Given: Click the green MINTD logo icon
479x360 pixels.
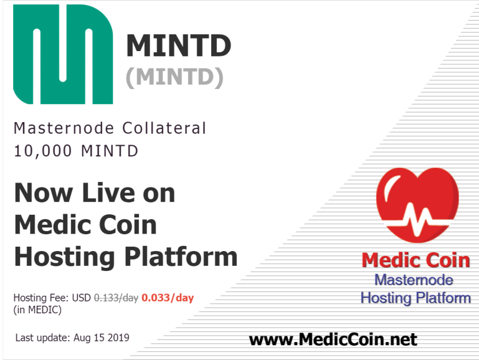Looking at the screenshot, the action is pos(63,54).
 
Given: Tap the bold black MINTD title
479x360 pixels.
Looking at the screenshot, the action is pos(179,46).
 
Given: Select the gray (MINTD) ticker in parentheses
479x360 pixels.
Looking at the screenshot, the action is pos(175,77).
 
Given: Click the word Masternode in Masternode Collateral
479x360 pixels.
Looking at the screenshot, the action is pos(64,128).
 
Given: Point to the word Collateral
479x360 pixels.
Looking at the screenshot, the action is pos(164,128).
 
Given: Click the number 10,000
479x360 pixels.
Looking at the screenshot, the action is pos(43,151).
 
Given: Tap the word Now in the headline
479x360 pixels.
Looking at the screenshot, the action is pos(44,192).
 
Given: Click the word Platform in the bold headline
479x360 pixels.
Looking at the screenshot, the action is pos(181,257).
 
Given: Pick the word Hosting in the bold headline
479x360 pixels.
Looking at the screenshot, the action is pos(64,258).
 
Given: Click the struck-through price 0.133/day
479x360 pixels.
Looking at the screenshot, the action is pos(116,298).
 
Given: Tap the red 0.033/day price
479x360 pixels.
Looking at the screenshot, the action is pos(168,298).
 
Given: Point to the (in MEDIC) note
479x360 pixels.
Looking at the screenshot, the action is pos(37,310).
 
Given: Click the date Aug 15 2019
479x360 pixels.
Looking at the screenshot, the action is pos(102,338).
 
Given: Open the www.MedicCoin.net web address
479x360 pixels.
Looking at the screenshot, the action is pos(333,339).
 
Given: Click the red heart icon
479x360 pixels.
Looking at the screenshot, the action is pos(417,205).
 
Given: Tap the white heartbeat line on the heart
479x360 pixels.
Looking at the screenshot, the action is pos(417,219).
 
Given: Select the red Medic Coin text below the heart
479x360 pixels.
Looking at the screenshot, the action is pos(415,260).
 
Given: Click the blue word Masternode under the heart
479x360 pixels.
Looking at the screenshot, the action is pos(414,280).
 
